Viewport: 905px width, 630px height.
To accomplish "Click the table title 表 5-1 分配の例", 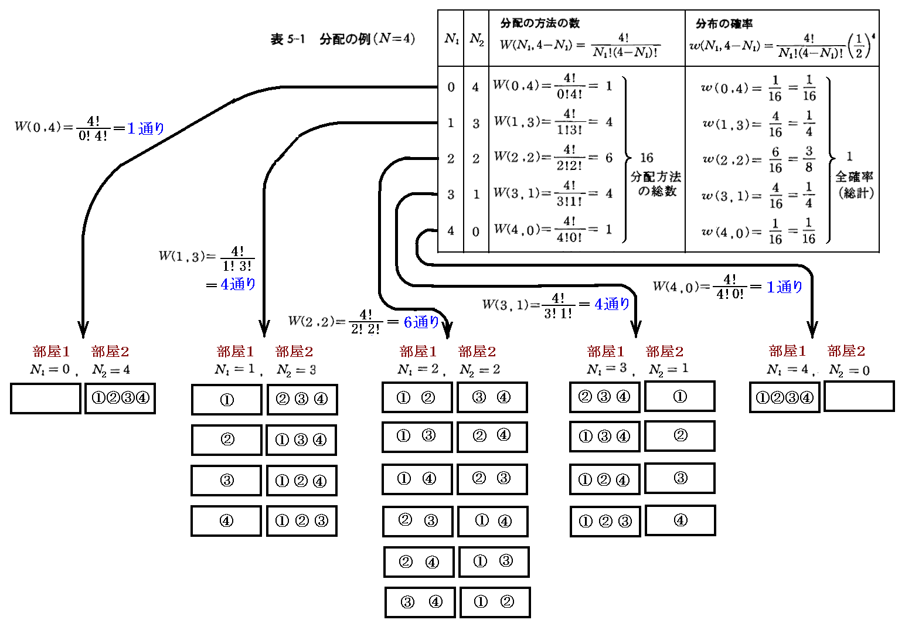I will [342, 39].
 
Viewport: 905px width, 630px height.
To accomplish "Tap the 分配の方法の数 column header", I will [539, 23].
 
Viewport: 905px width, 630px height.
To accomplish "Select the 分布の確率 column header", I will [724, 23].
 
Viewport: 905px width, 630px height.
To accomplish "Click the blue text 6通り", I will [421, 322].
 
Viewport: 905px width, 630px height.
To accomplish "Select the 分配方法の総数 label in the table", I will [656, 183].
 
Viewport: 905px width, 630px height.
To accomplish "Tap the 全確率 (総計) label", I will [855, 184].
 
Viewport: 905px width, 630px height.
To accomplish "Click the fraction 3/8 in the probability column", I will [809, 159].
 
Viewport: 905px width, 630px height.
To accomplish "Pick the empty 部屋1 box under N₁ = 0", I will [46, 399].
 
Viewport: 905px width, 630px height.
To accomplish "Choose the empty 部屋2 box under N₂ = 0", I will [859, 396].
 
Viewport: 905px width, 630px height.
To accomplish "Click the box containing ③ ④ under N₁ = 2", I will [420, 602].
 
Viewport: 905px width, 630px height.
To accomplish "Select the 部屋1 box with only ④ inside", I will [226, 521].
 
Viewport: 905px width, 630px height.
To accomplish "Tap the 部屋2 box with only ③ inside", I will [680, 478].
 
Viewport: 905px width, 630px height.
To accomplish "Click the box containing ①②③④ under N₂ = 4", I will [120, 399].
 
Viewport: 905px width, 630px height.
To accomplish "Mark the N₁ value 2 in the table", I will [451, 159].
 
